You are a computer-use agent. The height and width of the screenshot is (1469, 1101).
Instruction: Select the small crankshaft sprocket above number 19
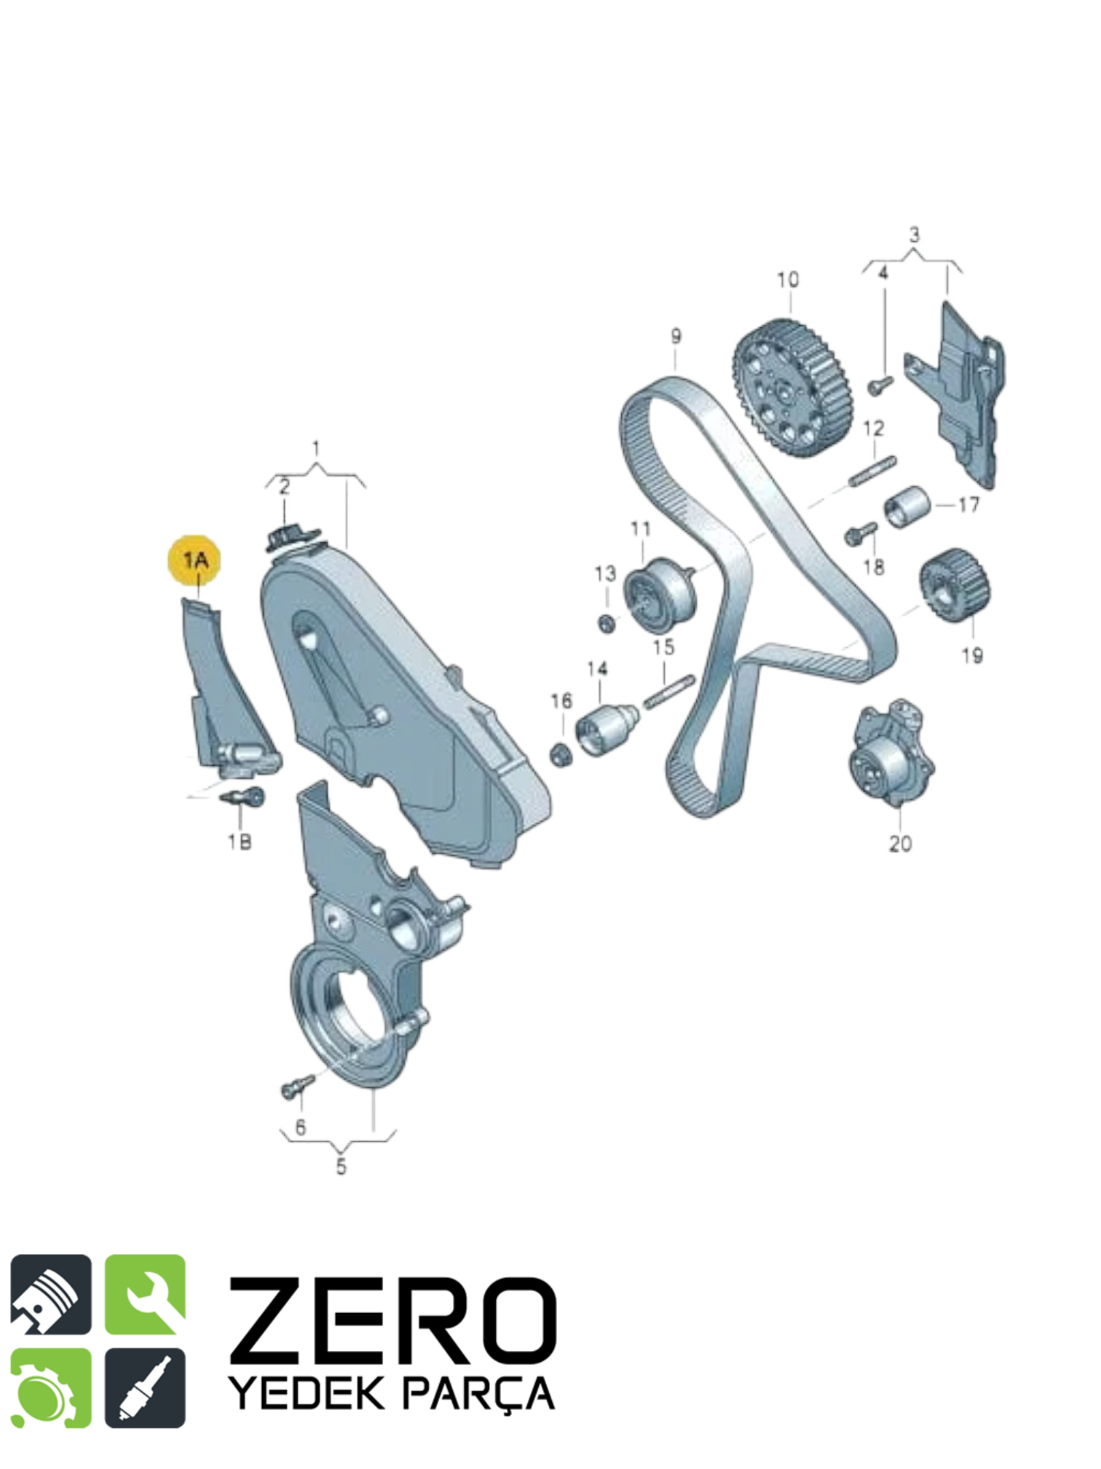point(955,585)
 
